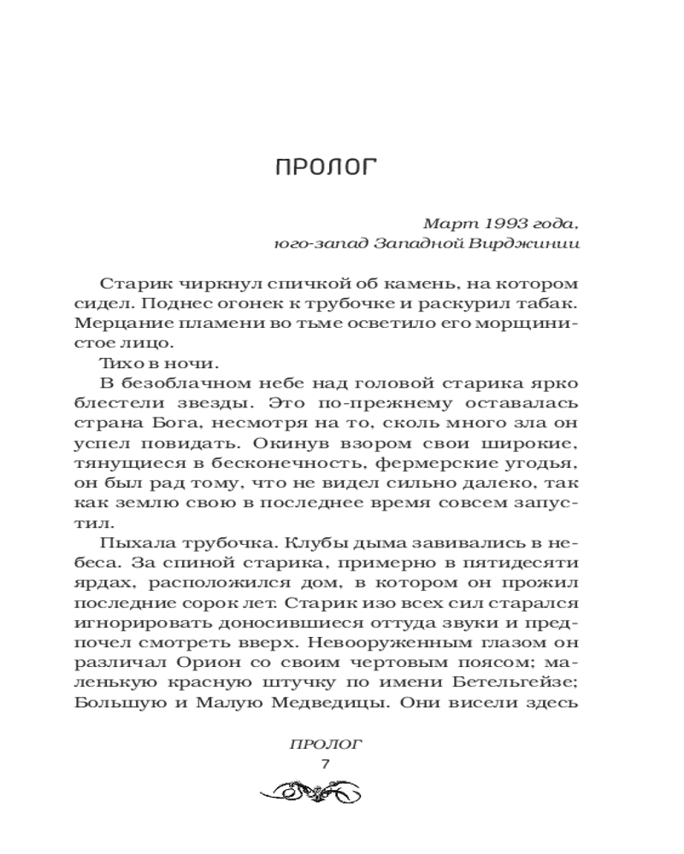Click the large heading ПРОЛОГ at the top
(326, 167)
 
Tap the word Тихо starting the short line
(121, 365)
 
